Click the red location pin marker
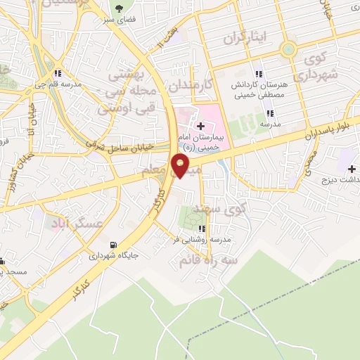point(180,166)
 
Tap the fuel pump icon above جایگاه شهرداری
point(112,245)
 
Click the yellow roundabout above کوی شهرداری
point(288,49)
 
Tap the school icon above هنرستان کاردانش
point(259,74)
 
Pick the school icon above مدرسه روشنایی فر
point(202,229)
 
